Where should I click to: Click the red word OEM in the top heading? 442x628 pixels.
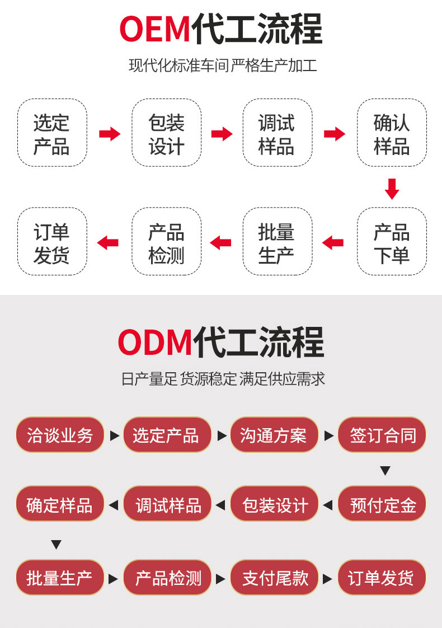click(x=154, y=29)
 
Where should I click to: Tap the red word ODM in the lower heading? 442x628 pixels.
click(x=156, y=342)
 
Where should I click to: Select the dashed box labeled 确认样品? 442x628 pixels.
click(x=392, y=133)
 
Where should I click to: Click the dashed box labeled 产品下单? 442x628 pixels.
click(x=392, y=241)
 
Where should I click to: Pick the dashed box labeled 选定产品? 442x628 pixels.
click(x=52, y=133)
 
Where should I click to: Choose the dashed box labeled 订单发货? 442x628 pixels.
click(x=52, y=241)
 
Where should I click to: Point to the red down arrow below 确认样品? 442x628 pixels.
click(x=392, y=189)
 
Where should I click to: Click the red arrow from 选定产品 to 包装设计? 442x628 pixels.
click(x=110, y=134)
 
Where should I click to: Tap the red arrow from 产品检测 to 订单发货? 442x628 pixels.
click(x=107, y=243)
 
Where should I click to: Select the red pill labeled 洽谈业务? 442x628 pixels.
click(x=60, y=435)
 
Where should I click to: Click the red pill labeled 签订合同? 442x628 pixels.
click(x=382, y=435)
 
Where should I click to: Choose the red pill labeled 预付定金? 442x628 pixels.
click(x=382, y=504)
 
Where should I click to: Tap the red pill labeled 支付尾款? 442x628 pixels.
click(x=275, y=578)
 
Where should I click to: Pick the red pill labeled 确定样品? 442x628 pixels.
click(x=60, y=504)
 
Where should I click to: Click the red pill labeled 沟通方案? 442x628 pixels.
click(x=275, y=435)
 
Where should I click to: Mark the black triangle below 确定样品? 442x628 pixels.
click(x=57, y=545)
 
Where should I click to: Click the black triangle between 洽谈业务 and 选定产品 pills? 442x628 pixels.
click(x=115, y=436)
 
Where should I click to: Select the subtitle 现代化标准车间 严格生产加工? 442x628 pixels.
click(x=223, y=65)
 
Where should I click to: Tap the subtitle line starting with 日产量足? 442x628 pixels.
click(x=223, y=378)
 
